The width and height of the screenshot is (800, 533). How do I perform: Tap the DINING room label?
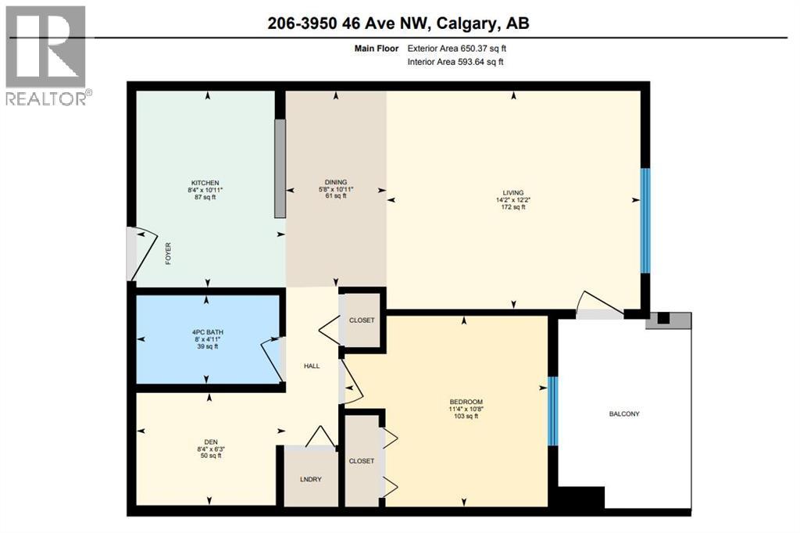click(335, 182)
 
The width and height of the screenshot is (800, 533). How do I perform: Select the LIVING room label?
click(513, 193)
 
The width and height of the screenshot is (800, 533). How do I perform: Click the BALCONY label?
click(624, 413)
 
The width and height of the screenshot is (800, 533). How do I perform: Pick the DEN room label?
click(210, 442)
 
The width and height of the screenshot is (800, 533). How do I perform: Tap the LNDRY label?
click(310, 478)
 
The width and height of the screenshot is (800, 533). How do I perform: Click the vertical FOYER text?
click(168, 253)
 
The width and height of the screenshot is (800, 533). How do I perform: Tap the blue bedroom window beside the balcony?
click(552, 411)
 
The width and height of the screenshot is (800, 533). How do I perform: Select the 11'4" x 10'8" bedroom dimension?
click(466, 409)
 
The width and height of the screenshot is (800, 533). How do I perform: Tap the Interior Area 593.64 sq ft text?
click(455, 62)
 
